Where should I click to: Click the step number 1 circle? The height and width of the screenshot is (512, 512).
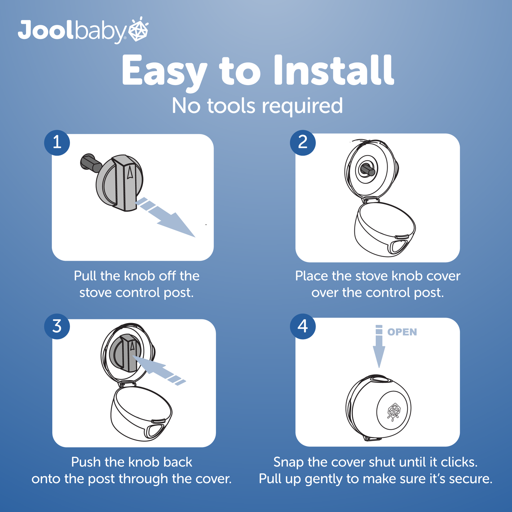tap(57, 142)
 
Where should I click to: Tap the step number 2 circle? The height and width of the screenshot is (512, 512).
tap(303, 142)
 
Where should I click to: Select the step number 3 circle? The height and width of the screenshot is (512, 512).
tap(57, 326)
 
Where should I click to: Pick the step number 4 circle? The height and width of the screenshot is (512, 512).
tap(303, 326)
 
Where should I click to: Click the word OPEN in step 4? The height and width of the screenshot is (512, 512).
tap(402, 332)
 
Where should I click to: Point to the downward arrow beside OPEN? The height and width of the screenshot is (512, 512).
tap(379, 346)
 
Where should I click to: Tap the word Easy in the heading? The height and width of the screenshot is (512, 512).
tap(164, 71)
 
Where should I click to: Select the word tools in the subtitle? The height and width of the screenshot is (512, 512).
tap(231, 106)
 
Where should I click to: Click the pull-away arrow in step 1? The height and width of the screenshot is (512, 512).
tap(165, 217)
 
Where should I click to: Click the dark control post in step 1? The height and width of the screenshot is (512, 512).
tap(91, 163)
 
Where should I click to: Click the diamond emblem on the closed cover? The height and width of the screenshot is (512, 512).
tap(394, 411)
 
